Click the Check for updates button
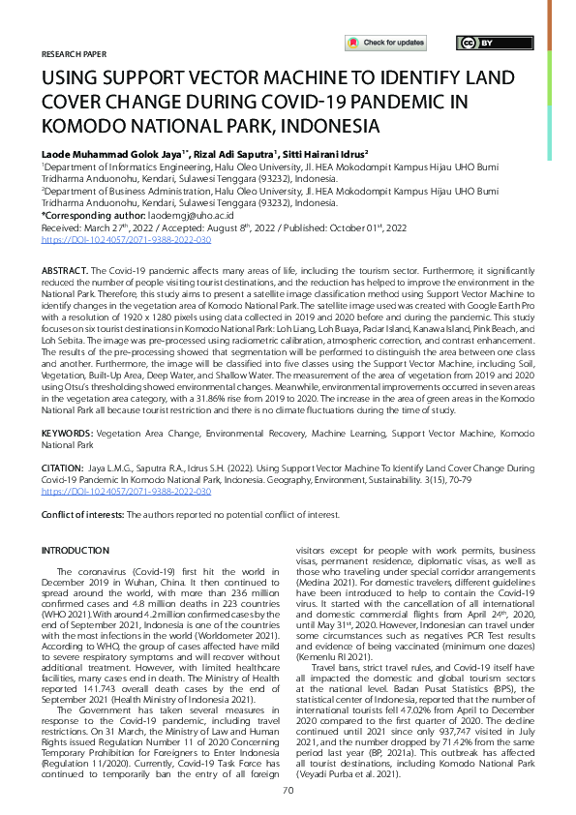point(385,43)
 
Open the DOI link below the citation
point(126,491)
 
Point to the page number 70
point(288,790)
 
